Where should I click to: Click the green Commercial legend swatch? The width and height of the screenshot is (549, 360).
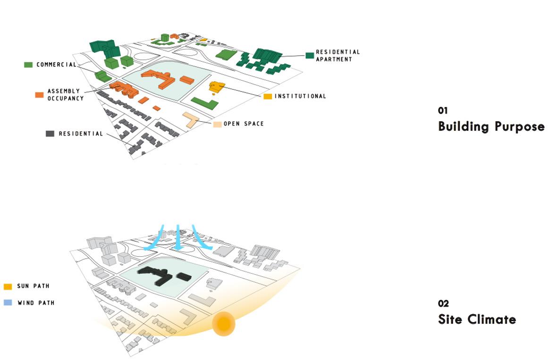[28, 65]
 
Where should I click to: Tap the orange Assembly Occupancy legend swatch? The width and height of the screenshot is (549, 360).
[39, 95]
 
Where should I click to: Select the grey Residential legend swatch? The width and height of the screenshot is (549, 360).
[50, 134]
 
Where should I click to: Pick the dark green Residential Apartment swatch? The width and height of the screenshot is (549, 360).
[310, 56]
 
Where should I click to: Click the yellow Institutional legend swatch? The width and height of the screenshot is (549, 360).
[268, 96]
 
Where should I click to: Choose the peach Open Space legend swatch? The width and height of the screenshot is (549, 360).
[218, 124]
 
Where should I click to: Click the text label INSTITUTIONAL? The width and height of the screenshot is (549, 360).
[300, 96]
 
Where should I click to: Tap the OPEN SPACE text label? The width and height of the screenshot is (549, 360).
[244, 124]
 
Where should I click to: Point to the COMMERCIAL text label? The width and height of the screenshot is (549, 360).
[57, 65]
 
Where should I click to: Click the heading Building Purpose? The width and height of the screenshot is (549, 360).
[491, 126]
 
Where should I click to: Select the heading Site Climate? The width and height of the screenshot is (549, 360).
[477, 319]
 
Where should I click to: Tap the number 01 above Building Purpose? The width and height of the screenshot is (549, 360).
[442, 110]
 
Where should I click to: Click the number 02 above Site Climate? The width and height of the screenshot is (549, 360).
[443, 303]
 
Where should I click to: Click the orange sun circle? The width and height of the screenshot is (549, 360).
[223, 324]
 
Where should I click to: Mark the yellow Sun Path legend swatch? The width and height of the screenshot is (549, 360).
[8, 286]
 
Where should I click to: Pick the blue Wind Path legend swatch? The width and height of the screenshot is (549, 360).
[8, 302]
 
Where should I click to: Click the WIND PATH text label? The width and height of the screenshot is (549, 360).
[36, 303]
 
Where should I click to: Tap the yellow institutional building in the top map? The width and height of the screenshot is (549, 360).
[216, 87]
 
